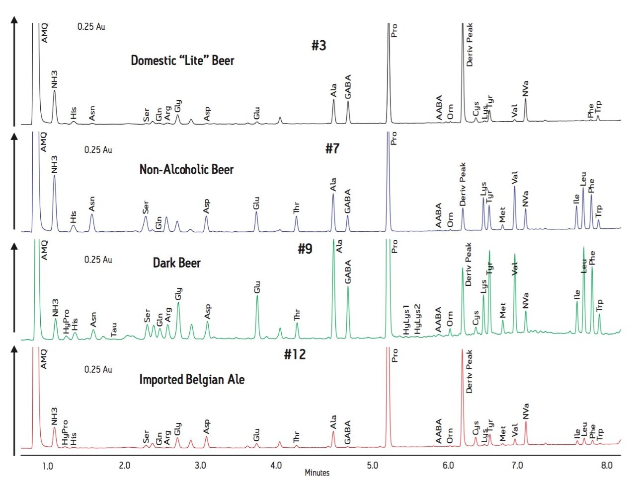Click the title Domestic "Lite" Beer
[182, 61]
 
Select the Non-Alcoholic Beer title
[186, 170]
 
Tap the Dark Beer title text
[176, 263]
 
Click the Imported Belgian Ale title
[192, 380]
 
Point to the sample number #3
[318, 46]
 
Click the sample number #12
[295, 354]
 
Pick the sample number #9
[305, 249]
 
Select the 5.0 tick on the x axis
[372, 466]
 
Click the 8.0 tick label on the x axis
[606, 466]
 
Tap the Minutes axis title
[317, 473]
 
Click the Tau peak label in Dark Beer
[114, 329]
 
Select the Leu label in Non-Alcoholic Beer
[583, 178]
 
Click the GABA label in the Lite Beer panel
[348, 86]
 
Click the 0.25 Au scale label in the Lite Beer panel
[91, 26]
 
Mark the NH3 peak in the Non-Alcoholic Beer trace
[54, 176]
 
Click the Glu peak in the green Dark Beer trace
[257, 297]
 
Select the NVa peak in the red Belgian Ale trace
[526, 423]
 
